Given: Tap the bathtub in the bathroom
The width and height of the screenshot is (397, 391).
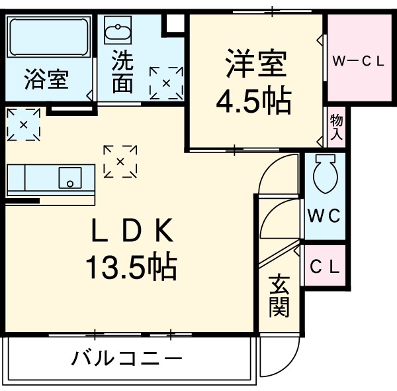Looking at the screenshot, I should coord(50,38).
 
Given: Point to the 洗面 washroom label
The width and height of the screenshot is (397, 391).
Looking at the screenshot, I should coord(122,72).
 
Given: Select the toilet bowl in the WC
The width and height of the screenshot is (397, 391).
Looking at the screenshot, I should coord(325,174).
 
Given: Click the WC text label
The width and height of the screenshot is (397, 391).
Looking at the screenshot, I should coord(324,215).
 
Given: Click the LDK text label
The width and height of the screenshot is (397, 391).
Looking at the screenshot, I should coord(131,233).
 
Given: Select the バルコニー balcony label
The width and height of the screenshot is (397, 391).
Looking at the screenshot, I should coord(126,361).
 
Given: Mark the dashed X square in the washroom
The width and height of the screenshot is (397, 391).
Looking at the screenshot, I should coord(166,83).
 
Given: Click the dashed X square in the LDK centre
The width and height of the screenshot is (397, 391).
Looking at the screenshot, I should coord(120,162).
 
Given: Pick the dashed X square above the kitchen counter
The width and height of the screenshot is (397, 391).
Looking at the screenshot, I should coord(23,124).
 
